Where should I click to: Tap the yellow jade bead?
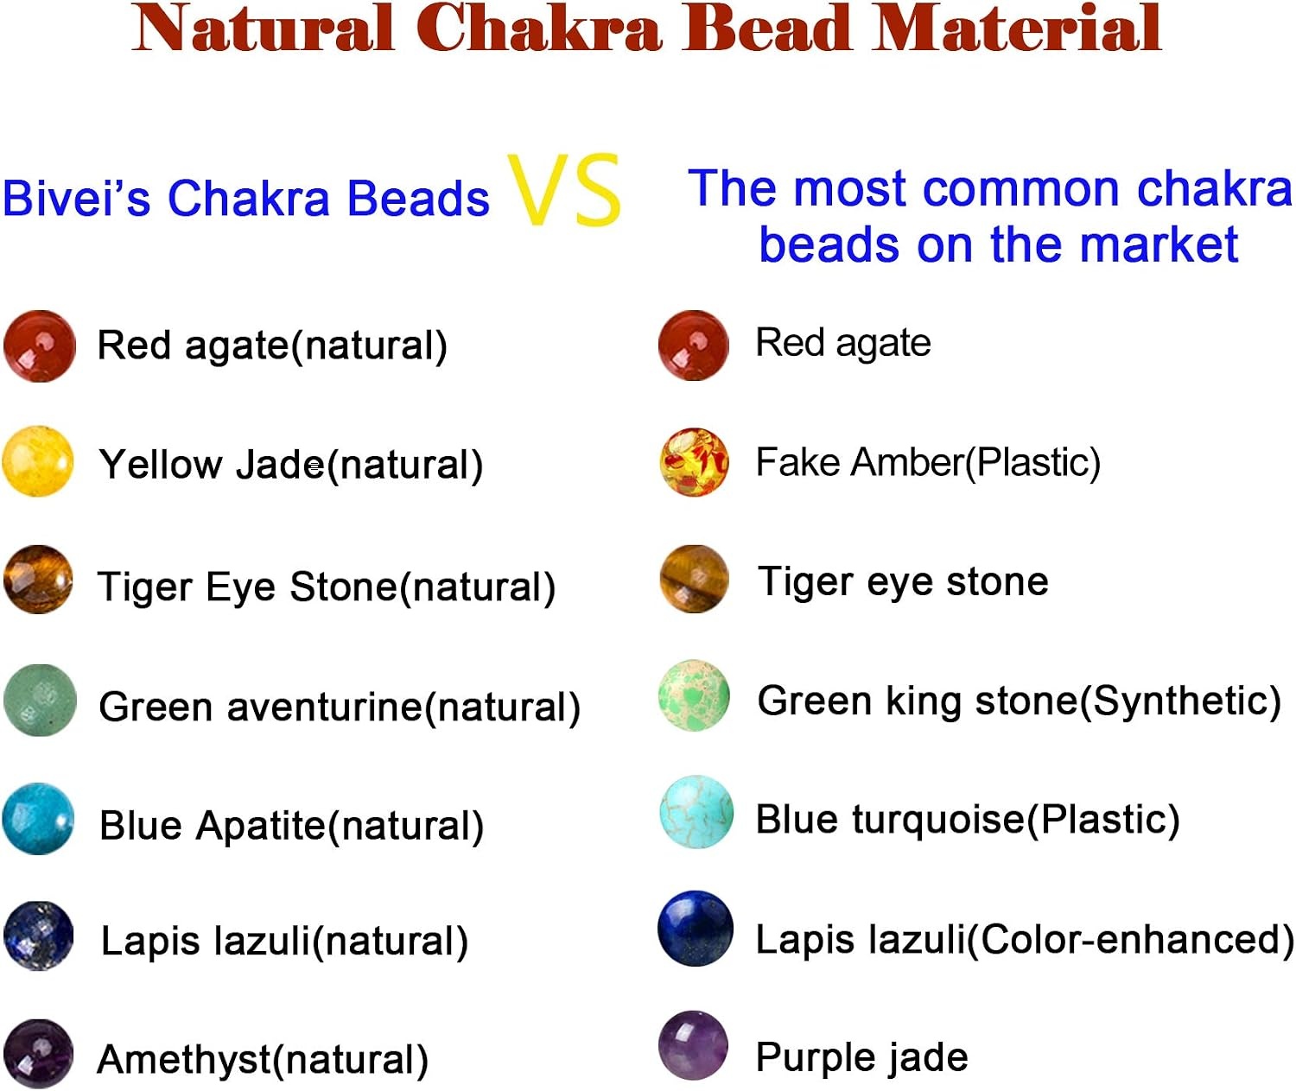38,461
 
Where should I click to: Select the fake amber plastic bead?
694,461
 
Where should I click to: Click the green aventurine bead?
40,700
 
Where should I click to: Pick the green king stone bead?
694,695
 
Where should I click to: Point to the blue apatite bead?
38,819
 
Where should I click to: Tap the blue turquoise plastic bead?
696,812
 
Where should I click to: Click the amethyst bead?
39,1054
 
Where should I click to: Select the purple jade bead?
693,1046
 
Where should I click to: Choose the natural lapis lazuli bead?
39,936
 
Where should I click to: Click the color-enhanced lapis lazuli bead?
696,929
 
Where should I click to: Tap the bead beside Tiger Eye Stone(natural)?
38,580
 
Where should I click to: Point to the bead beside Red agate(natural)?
39,346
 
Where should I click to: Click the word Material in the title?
1017,28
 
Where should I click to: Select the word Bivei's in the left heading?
76,198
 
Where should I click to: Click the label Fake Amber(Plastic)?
928,463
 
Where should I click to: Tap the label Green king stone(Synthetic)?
1020,701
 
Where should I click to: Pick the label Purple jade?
861,1056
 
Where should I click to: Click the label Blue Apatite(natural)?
291,826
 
